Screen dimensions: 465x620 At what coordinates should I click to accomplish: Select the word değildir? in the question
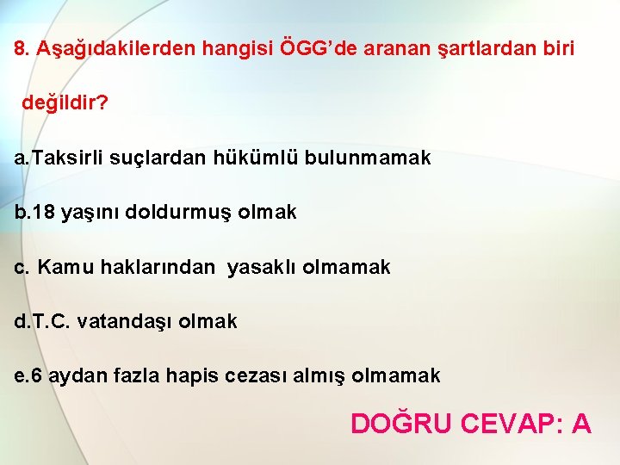[65, 103]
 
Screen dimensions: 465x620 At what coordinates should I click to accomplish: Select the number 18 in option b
[46, 212]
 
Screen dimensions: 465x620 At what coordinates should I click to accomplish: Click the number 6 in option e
[35, 375]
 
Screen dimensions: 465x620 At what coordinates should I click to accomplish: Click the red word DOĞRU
[401, 424]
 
